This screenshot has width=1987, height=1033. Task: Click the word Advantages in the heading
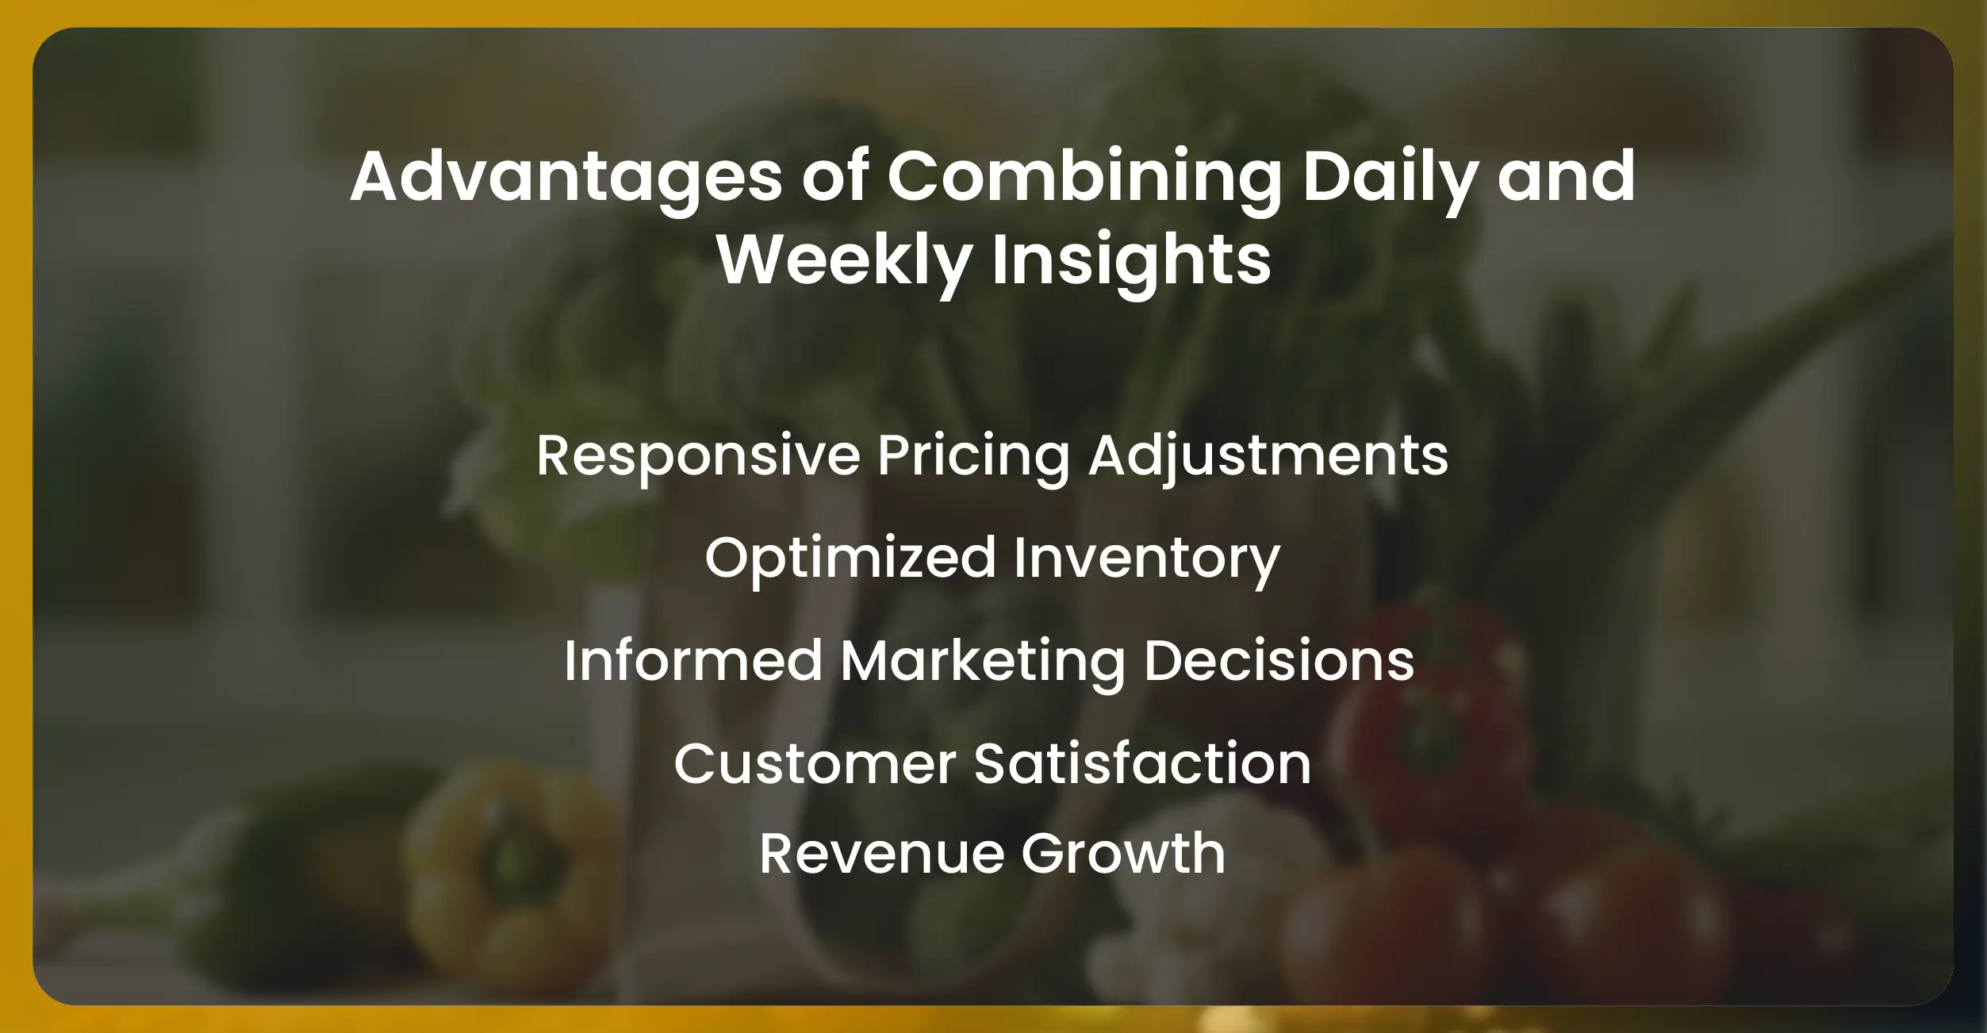tap(566, 178)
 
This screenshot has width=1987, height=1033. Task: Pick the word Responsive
tap(698, 456)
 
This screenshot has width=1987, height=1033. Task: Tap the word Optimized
tap(850, 559)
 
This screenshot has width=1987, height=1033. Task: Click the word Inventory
tap(1146, 559)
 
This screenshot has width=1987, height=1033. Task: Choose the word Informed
tap(693, 661)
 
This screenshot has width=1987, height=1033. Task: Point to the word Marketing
tap(983, 662)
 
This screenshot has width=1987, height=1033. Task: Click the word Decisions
tap(1279, 661)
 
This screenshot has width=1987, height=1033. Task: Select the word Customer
tap(815, 764)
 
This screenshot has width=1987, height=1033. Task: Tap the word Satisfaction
tap(1142, 764)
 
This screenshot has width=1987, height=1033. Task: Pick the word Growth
tap(1123, 854)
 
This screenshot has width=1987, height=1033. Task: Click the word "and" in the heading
tap(1566, 178)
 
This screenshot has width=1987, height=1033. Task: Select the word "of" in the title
tap(834, 178)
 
